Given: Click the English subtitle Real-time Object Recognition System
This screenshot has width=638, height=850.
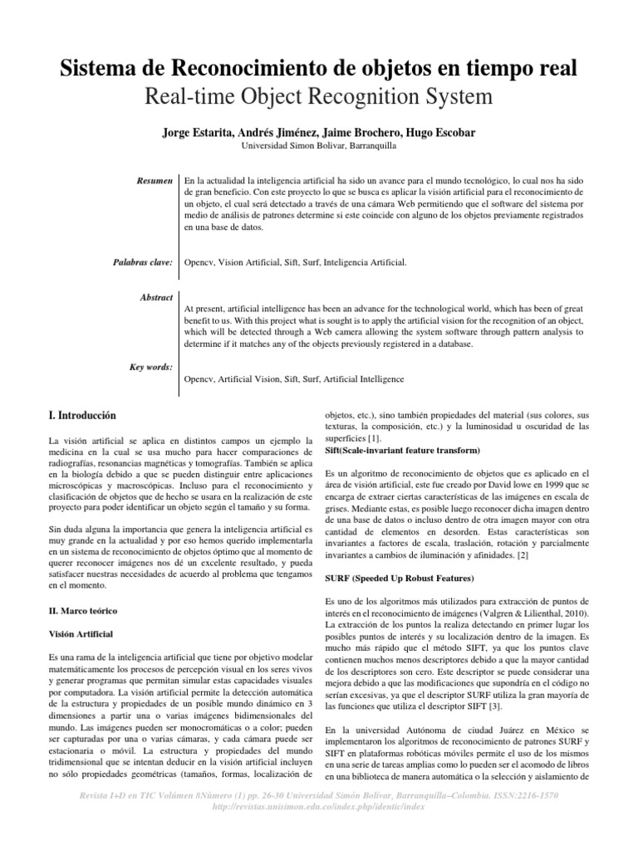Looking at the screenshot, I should pyautogui.click(x=318, y=97).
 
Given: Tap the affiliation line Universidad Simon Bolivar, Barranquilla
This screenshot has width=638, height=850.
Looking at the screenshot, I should pyautogui.click(x=318, y=146).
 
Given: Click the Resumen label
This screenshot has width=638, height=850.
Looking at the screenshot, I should pyautogui.click(x=154, y=179).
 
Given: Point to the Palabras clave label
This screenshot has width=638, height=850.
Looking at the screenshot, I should pyautogui.click(x=142, y=262).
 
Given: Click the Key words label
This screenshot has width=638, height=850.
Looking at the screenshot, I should pyautogui.click(x=152, y=366).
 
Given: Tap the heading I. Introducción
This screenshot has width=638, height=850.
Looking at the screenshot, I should pyautogui.click(x=83, y=414).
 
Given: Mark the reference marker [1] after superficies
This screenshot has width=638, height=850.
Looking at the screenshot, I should pyautogui.click(x=375, y=437).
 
